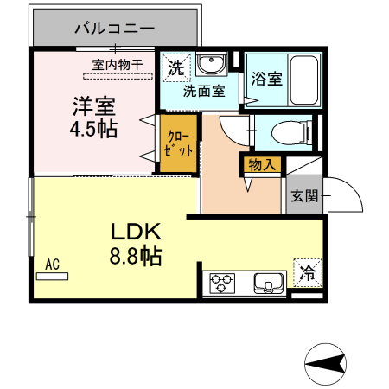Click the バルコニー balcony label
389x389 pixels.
pyautogui.click(x=114, y=28)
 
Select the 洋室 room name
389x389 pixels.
pyautogui.click(x=93, y=108)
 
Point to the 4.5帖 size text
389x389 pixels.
pyautogui.click(x=93, y=130)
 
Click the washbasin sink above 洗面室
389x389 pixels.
pyautogui.click(x=210, y=66)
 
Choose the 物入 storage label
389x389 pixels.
pyautogui.click(x=262, y=163)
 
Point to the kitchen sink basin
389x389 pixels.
pyautogui.click(x=271, y=283)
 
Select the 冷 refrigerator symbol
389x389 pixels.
pyautogui.click(x=307, y=273)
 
